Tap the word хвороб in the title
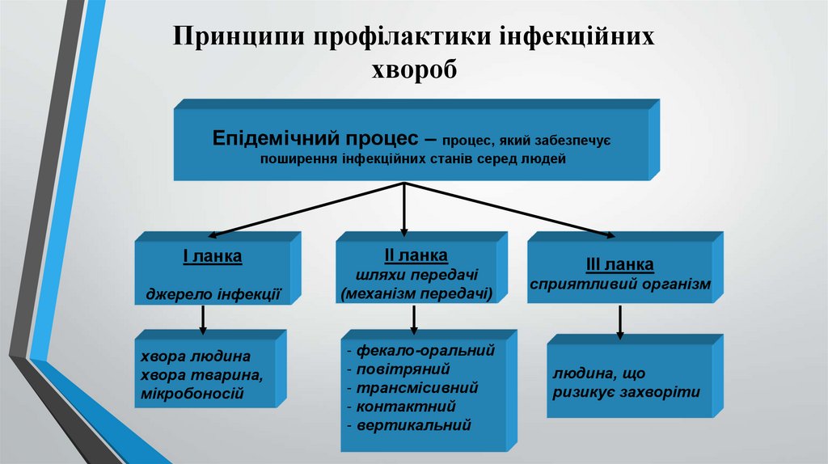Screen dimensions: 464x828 pyautogui.click(x=413, y=70)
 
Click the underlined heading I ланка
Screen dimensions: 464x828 pyautogui.click(x=213, y=257)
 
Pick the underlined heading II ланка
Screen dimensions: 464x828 pyautogui.click(x=416, y=255)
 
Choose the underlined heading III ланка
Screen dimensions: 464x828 pyautogui.click(x=619, y=265)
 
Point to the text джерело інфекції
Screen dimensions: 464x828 pyautogui.click(x=213, y=294)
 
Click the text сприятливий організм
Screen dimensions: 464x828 pyautogui.click(x=620, y=285)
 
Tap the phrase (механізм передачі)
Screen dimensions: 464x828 pyautogui.click(x=416, y=293)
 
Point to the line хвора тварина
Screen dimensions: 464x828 pyautogui.click(x=201, y=375)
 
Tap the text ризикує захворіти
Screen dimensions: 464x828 pyautogui.click(x=627, y=392)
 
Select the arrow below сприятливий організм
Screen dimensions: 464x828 pyautogui.click(x=620, y=323)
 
